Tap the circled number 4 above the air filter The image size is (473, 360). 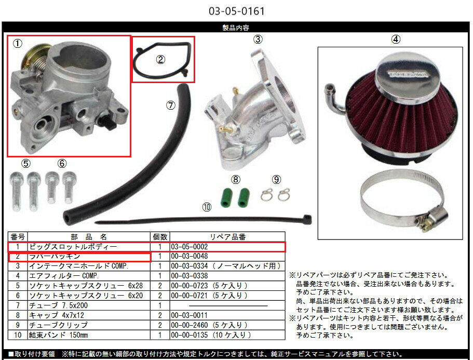pyautogui.click(x=396, y=38)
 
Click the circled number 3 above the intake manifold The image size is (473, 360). pyautogui.click(x=258, y=39)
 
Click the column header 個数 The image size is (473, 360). pyautogui.click(x=160, y=237)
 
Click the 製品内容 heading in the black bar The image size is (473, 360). pyautogui.click(x=236, y=28)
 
